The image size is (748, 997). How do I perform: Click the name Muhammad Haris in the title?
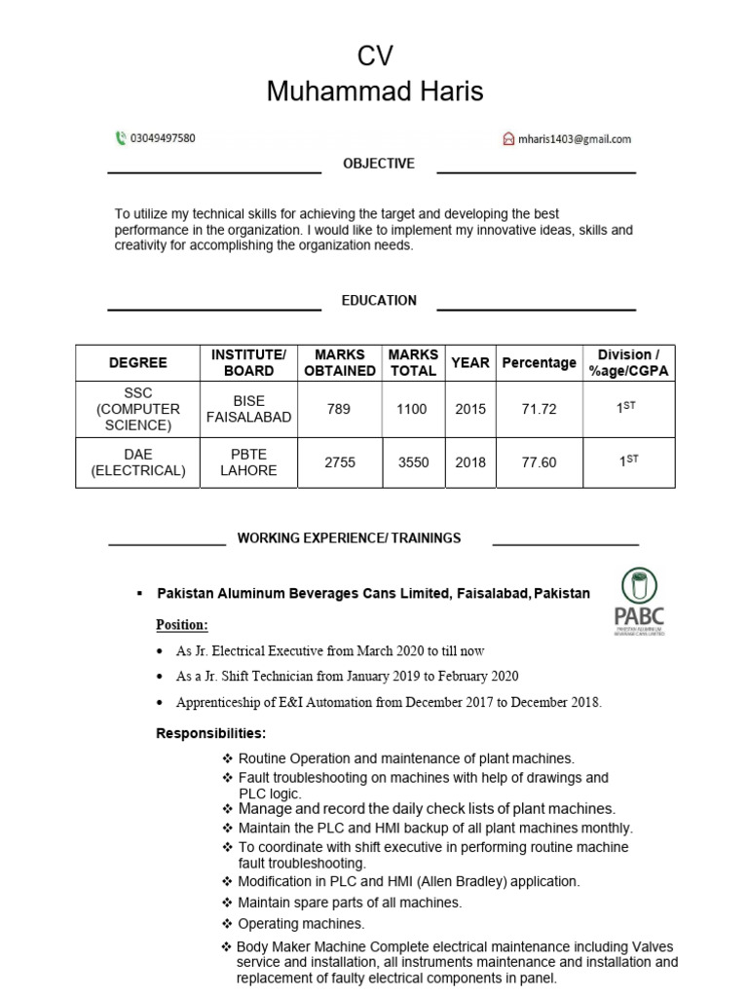(375, 92)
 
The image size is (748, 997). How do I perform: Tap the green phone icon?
(120, 138)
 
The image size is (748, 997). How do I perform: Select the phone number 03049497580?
(163, 138)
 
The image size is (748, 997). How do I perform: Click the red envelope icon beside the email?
(508, 139)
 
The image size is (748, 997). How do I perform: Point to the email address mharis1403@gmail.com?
(574, 139)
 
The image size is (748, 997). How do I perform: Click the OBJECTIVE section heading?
(378, 164)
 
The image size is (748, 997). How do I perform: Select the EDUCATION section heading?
(378, 301)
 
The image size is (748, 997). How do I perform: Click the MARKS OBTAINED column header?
(340, 362)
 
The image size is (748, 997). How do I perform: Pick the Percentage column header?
(539, 362)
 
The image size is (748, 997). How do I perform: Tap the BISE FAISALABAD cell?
(248, 409)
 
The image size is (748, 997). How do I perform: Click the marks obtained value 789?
(339, 409)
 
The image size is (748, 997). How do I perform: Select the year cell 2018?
(469, 462)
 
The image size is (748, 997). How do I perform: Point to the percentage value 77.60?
(539, 462)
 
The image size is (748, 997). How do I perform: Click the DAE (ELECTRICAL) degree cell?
(137, 462)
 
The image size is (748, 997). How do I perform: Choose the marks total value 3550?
(413, 462)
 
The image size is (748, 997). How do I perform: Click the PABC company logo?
(639, 603)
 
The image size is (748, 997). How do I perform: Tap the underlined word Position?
(182, 624)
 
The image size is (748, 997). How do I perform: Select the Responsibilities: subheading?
(210, 732)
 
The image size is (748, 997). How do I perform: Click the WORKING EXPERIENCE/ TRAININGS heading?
(349, 537)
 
